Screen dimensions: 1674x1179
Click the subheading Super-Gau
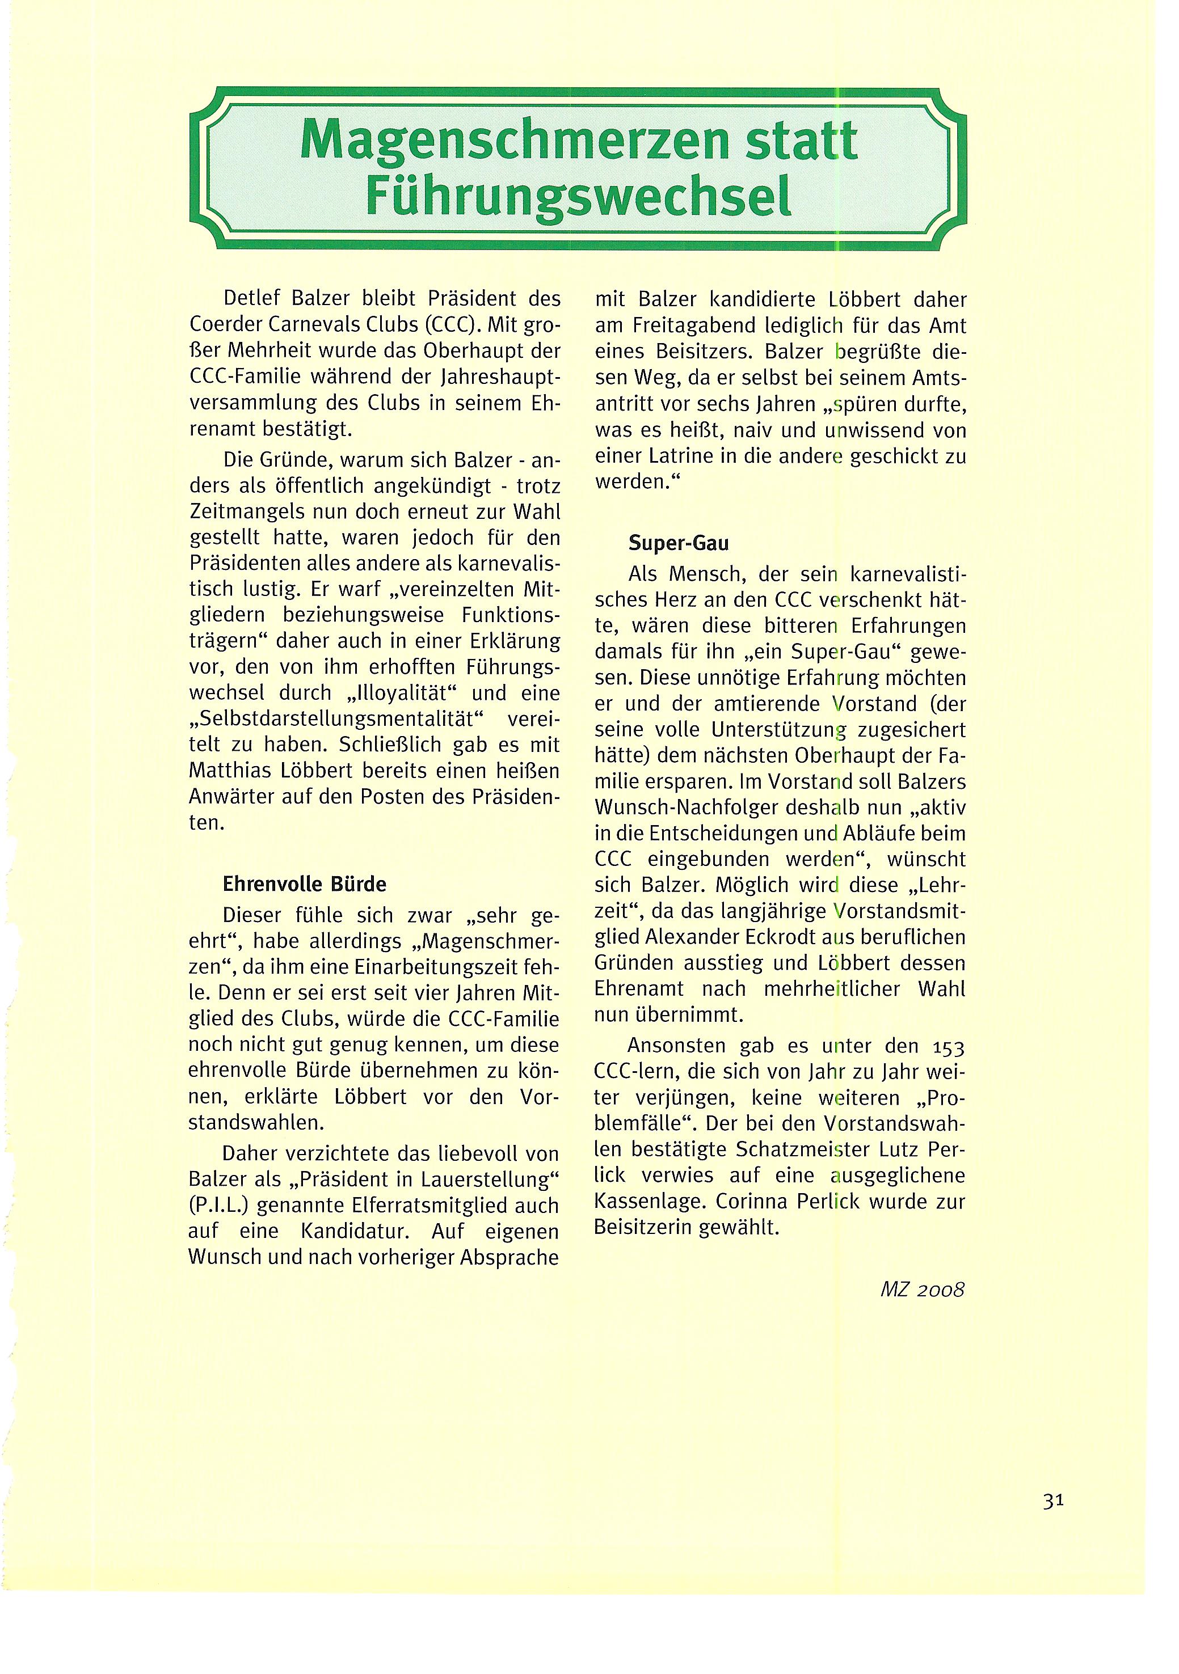(x=679, y=543)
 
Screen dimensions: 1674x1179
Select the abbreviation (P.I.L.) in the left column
(x=219, y=1206)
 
